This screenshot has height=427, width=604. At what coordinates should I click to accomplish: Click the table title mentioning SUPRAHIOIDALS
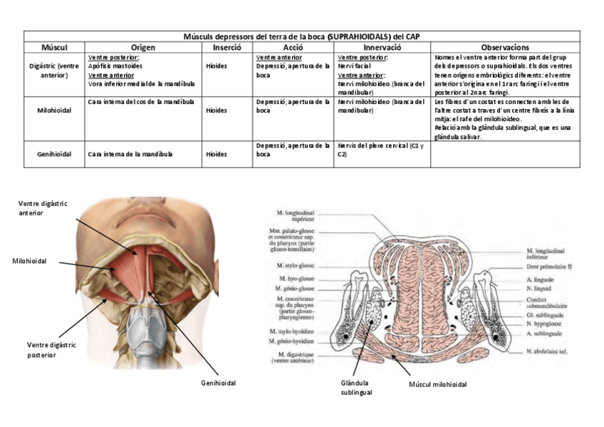[302, 36]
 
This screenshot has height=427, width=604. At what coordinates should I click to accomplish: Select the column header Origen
[142, 47]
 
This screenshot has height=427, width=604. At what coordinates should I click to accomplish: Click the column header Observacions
[505, 47]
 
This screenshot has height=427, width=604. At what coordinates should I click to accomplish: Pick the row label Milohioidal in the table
[54, 110]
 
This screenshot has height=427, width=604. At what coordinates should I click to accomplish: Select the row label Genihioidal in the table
[54, 154]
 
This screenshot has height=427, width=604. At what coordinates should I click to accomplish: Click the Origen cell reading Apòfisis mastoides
[115, 66]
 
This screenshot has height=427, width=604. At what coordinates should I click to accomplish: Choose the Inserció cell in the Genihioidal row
[217, 154]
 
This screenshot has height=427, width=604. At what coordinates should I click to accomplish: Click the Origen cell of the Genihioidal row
[131, 154]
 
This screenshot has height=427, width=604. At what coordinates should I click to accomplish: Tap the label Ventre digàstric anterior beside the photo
[43, 208]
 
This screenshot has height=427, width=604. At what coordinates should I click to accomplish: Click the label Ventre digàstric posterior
[51, 349]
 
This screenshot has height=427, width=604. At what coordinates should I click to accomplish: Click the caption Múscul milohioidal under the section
[438, 384]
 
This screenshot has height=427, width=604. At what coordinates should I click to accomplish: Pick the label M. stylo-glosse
[295, 265]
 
